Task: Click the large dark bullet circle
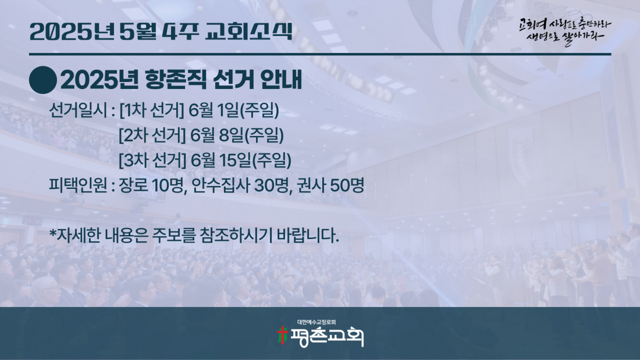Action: click(43, 80)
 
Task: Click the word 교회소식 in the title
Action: click(248, 31)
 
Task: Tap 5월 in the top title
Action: click(138, 31)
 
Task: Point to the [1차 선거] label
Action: click(152, 110)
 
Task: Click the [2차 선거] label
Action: click(152, 136)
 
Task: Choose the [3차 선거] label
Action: click(152, 161)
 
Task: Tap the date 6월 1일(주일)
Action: click(234, 110)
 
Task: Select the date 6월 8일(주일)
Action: click(237, 136)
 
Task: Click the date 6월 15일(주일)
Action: click(241, 161)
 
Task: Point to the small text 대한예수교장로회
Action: click(317, 322)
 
